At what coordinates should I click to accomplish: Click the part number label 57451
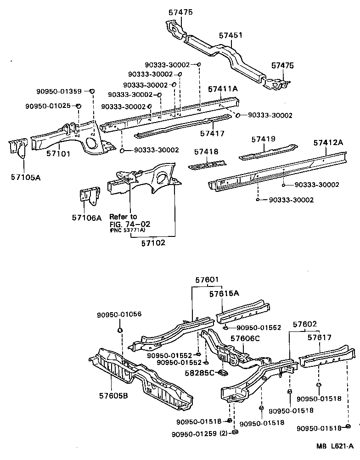click(231, 35)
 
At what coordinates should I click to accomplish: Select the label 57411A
click(223, 89)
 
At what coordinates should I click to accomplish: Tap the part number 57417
click(212, 134)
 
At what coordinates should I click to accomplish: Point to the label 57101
click(58, 153)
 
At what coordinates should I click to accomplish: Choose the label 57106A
click(86, 217)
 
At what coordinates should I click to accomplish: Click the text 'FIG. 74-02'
click(130, 224)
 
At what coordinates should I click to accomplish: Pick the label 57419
click(264, 138)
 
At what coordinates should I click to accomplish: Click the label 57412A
click(329, 143)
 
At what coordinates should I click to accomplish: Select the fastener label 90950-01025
click(48, 106)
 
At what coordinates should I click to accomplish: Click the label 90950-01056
click(119, 314)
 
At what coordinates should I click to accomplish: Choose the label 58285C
click(199, 372)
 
